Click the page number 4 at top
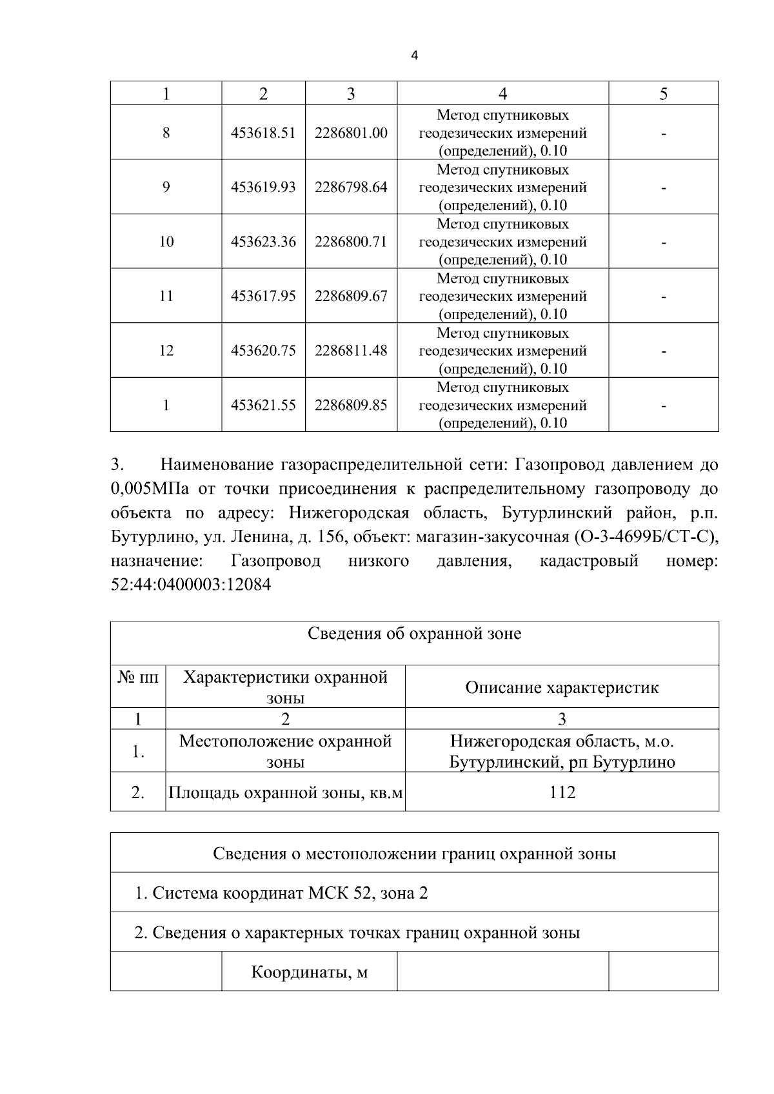click(x=414, y=56)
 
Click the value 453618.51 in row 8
click(x=263, y=133)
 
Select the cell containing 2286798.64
click(x=351, y=187)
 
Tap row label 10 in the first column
click(x=166, y=242)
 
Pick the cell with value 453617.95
click(x=263, y=296)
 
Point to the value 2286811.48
click(x=351, y=350)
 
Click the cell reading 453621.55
click(x=263, y=405)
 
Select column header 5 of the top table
click(x=663, y=94)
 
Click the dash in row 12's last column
click(x=663, y=351)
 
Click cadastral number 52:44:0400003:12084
click(x=191, y=585)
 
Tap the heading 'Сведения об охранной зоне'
click(x=414, y=634)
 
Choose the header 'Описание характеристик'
click(x=562, y=687)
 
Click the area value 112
click(x=562, y=792)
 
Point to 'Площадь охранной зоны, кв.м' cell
click(x=285, y=792)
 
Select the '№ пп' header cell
click(x=138, y=678)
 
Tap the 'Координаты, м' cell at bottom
click(x=309, y=972)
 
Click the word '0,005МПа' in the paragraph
click(x=150, y=489)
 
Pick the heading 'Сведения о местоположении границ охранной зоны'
click(x=414, y=854)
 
